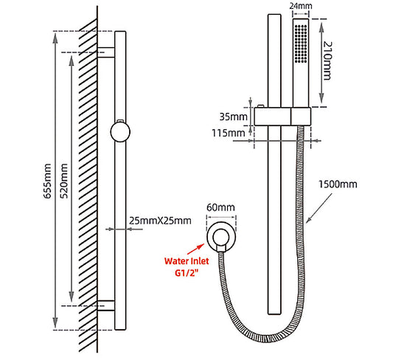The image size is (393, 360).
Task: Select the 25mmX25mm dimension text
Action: [160, 221]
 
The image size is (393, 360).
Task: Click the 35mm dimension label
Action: [233, 117]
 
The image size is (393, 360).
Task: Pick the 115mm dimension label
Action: [232, 133]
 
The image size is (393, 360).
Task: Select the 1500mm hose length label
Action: [338, 184]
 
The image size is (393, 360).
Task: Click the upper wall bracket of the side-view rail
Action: [107, 52]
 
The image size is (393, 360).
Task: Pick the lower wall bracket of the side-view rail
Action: [107, 305]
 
